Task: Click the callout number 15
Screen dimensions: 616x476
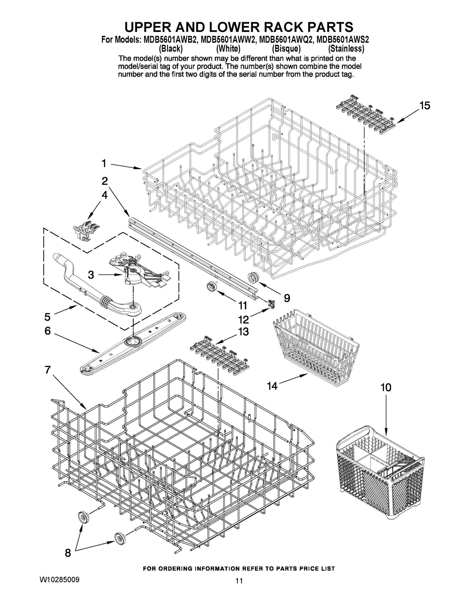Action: click(x=424, y=106)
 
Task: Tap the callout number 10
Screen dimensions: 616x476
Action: click(x=386, y=388)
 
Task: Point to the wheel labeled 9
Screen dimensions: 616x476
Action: click(x=253, y=277)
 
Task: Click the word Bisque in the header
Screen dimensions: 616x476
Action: click(x=286, y=49)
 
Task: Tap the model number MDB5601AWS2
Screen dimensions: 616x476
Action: click(x=343, y=40)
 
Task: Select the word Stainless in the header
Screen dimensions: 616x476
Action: click(x=346, y=49)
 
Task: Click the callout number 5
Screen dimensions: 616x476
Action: click(x=47, y=317)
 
